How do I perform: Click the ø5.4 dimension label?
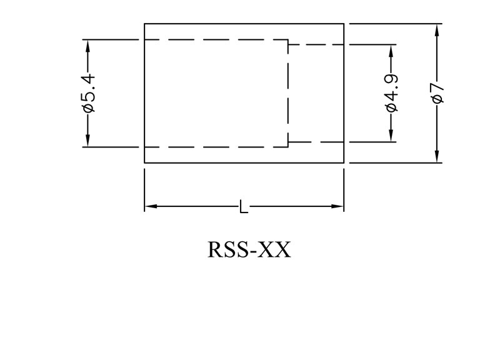(x=88, y=92)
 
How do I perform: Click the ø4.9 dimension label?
(x=392, y=92)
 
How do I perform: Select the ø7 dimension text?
(x=437, y=92)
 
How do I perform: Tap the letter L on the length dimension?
(x=244, y=206)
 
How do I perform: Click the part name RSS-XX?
(x=249, y=249)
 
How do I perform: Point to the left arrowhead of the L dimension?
(x=150, y=206)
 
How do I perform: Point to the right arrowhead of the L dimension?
(x=338, y=206)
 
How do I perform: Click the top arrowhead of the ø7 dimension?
(x=437, y=29)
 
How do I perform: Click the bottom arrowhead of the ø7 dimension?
(x=437, y=157)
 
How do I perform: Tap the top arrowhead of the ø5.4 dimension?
(x=87, y=45)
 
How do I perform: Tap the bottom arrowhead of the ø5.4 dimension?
(x=87, y=142)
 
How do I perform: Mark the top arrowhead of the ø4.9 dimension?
(x=391, y=50)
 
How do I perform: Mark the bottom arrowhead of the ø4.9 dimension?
(x=391, y=136)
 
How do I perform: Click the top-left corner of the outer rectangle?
(x=144, y=24)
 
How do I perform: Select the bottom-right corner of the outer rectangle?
(x=344, y=162)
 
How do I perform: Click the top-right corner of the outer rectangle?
(x=344, y=24)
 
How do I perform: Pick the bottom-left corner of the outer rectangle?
(x=144, y=162)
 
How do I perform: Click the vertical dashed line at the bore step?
(x=287, y=94)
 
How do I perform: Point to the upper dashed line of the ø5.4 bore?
(x=216, y=40)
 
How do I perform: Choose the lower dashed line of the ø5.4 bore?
(x=216, y=147)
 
